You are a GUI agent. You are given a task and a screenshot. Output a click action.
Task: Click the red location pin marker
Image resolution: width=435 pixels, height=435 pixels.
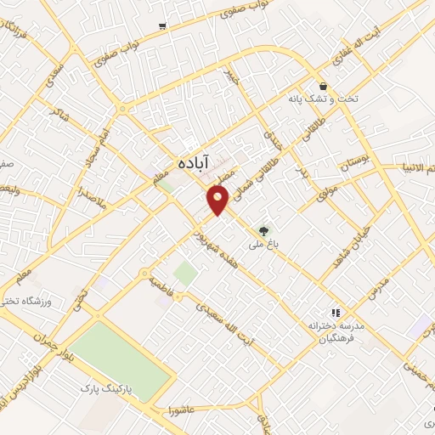(x=218, y=201)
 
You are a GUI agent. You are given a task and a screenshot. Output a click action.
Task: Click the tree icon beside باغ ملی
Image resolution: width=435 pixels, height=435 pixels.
(x=264, y=229)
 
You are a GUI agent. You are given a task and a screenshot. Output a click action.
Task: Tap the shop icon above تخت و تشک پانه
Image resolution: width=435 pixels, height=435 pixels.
(x=323, y=87)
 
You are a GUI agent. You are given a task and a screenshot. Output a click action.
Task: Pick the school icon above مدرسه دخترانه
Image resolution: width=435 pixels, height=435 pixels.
(x=335, y=313)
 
